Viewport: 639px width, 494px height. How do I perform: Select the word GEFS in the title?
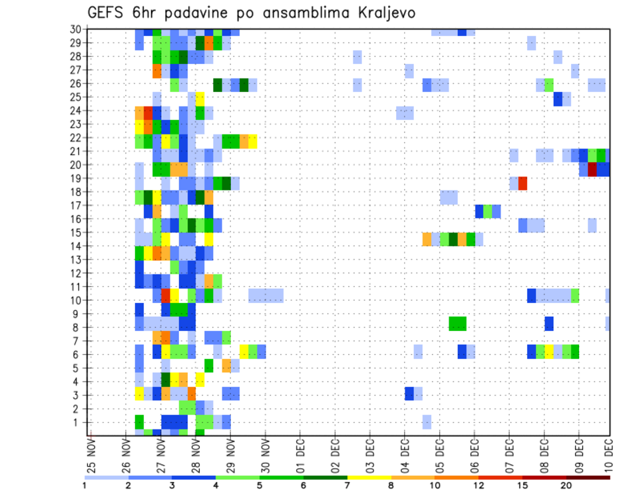click(x=107, y=13)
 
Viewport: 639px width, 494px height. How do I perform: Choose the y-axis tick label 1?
click(x=78, y=422)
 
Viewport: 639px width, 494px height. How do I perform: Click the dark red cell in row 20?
click(x=592, y=169)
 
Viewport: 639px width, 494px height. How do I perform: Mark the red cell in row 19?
click(x=523, y=183)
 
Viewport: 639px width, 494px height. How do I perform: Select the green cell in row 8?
click(x=457, y=324)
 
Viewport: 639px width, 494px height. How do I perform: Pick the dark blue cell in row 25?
click(x=558, y=99)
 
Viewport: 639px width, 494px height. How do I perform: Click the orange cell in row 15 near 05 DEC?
click(x=427, y=238)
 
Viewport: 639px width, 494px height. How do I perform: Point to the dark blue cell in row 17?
click(x=479, y=211)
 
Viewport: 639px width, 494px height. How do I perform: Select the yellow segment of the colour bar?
click(x=369, y=477)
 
